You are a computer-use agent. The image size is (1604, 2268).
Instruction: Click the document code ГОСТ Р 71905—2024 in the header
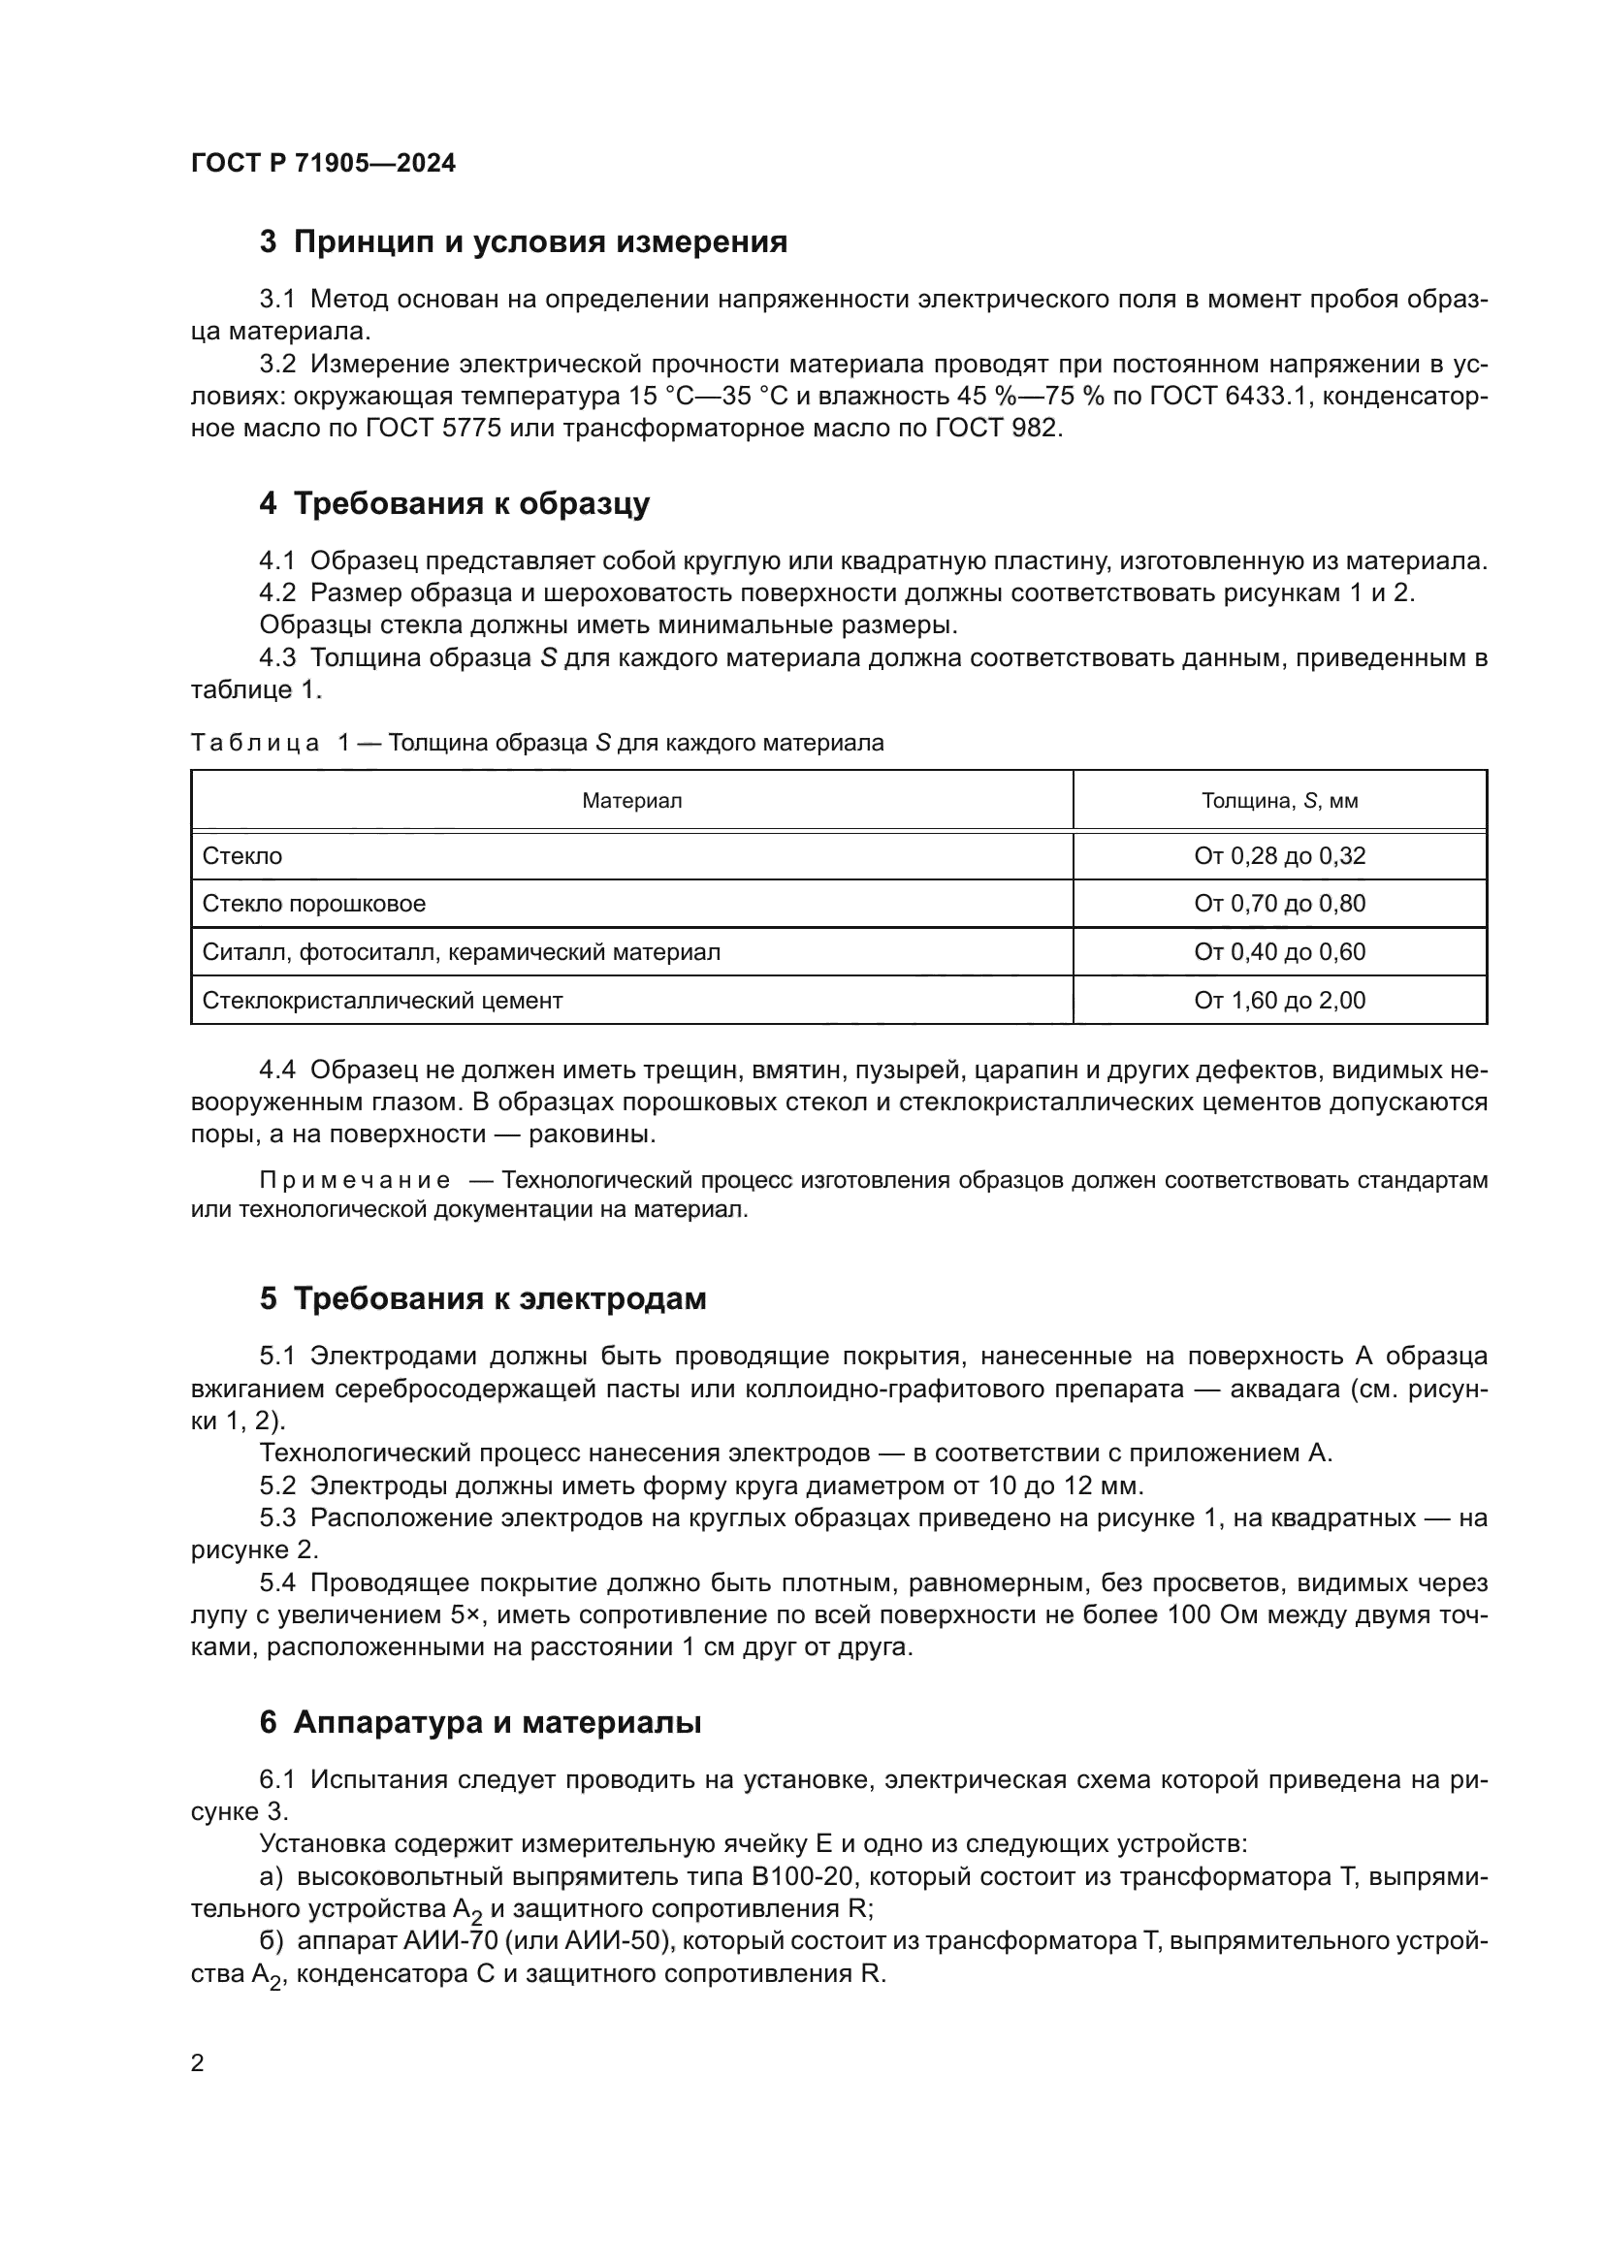coord(323,163)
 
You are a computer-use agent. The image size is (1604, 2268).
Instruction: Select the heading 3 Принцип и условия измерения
coord(523,242)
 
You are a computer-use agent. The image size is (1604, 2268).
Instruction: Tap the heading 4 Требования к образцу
coord(454,504)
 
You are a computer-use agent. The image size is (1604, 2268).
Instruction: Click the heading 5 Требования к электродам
coord(482,1298)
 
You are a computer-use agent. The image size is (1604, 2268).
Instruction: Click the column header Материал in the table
coord(631,801)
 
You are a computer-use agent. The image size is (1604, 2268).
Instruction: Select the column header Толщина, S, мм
coord(1279,801)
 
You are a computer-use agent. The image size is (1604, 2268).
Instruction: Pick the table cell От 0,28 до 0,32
coord(1279,856)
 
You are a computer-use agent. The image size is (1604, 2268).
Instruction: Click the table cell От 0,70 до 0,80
coord(1279,904)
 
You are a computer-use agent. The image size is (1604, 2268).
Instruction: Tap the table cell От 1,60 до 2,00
coord(1279,1001)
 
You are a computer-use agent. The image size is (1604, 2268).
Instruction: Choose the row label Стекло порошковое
coord(314,904)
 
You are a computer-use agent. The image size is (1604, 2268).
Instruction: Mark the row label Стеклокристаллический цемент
coord(382,1001)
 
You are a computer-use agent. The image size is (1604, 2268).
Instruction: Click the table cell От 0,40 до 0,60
coord(1279,952)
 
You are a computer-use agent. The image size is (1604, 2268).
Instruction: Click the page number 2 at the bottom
coord(198,2063)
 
